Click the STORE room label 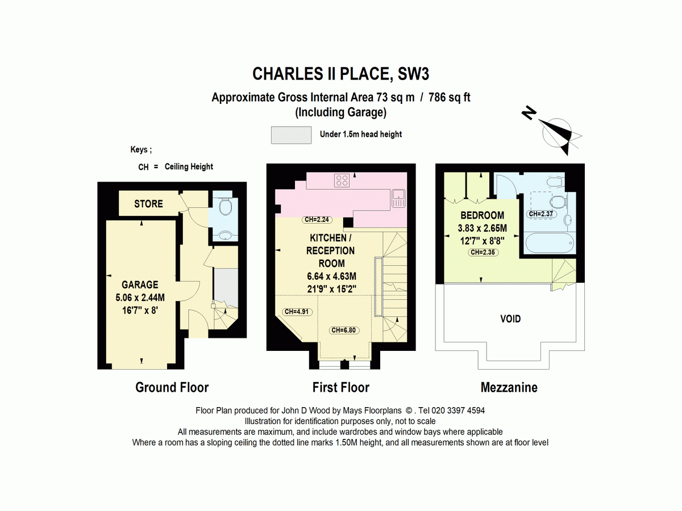click(x=148, y=204)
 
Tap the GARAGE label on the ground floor click(x=140, y=284)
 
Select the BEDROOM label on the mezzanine click(x=482, y=216)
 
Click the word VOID click(x=510, y=319)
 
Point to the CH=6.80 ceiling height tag click(x=344, y=330)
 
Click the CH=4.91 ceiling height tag click(x=297, y=311)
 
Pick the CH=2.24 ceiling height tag click(x=317, y=220)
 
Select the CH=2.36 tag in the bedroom click(x=483, y=252)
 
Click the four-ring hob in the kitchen click(x=343, y=181)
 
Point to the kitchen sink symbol click(x=398, y=198)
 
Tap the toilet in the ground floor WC click(x=225, y=207)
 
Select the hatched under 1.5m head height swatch click(x=292, y=135)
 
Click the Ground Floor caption click(x=172, y=388)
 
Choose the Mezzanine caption click(x=509, y=388)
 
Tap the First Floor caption click(x=341, y=388)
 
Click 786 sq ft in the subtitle click(x=450, y=98)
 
